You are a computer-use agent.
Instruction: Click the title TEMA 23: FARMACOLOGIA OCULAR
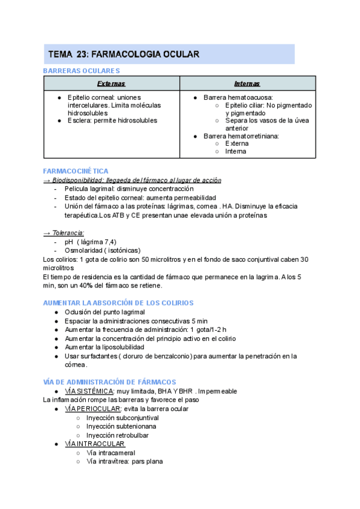pyautogui.click(x=124, y=55)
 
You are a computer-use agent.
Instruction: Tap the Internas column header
pyautogui.click(x=247, y=83)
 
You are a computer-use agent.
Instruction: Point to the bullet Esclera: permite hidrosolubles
pyautogui.click(x=112, y=120)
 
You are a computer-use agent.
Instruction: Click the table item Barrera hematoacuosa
pyautogui.click(x=238, y=97)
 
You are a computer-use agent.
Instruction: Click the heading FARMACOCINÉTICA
pyautogui.click(x=76, y=171)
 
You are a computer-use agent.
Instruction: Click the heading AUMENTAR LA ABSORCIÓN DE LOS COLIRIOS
pyautogui.click(x=127, y=303)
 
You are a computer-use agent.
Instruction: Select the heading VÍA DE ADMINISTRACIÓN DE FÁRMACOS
pyautogui.click(x=109, y=382)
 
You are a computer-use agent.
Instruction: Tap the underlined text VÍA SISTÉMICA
pyautogui.click(x=89, y=391)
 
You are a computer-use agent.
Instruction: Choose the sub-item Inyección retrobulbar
pyautogui.click(x=117, y=435)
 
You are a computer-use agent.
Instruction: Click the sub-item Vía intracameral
pyautogui.click(x=110, y=453)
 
